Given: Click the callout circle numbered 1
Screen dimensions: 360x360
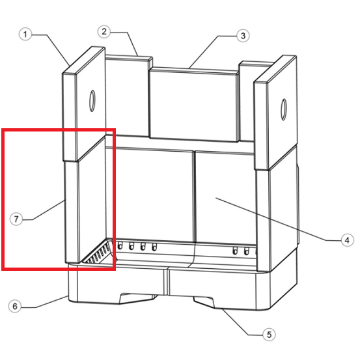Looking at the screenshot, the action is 25,35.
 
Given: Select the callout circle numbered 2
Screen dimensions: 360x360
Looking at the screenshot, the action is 104,31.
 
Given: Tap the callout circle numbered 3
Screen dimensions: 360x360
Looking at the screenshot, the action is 243,36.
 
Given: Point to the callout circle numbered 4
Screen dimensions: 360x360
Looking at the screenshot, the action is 347,240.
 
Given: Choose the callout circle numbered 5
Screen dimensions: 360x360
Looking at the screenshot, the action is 269,335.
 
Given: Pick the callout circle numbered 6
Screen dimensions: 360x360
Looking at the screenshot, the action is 15,306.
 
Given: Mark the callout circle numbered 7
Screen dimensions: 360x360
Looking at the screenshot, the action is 16,219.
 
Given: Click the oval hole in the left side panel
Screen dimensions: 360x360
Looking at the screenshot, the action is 92,101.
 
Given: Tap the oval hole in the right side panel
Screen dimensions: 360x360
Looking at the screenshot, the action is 284,109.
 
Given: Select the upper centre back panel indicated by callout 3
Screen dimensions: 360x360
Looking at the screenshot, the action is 193,105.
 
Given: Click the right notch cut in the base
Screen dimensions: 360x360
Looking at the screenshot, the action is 204,302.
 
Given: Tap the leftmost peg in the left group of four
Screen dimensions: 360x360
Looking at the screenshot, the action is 120,245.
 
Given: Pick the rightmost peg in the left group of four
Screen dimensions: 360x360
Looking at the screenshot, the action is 154,247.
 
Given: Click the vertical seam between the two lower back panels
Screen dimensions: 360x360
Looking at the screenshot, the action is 194,197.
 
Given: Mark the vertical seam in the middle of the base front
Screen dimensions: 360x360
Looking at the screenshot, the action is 167,282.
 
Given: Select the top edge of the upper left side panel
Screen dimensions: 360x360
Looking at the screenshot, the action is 83,61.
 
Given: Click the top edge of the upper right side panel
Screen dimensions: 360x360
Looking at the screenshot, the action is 275,69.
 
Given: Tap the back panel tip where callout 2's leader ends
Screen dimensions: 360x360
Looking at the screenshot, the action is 137,56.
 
